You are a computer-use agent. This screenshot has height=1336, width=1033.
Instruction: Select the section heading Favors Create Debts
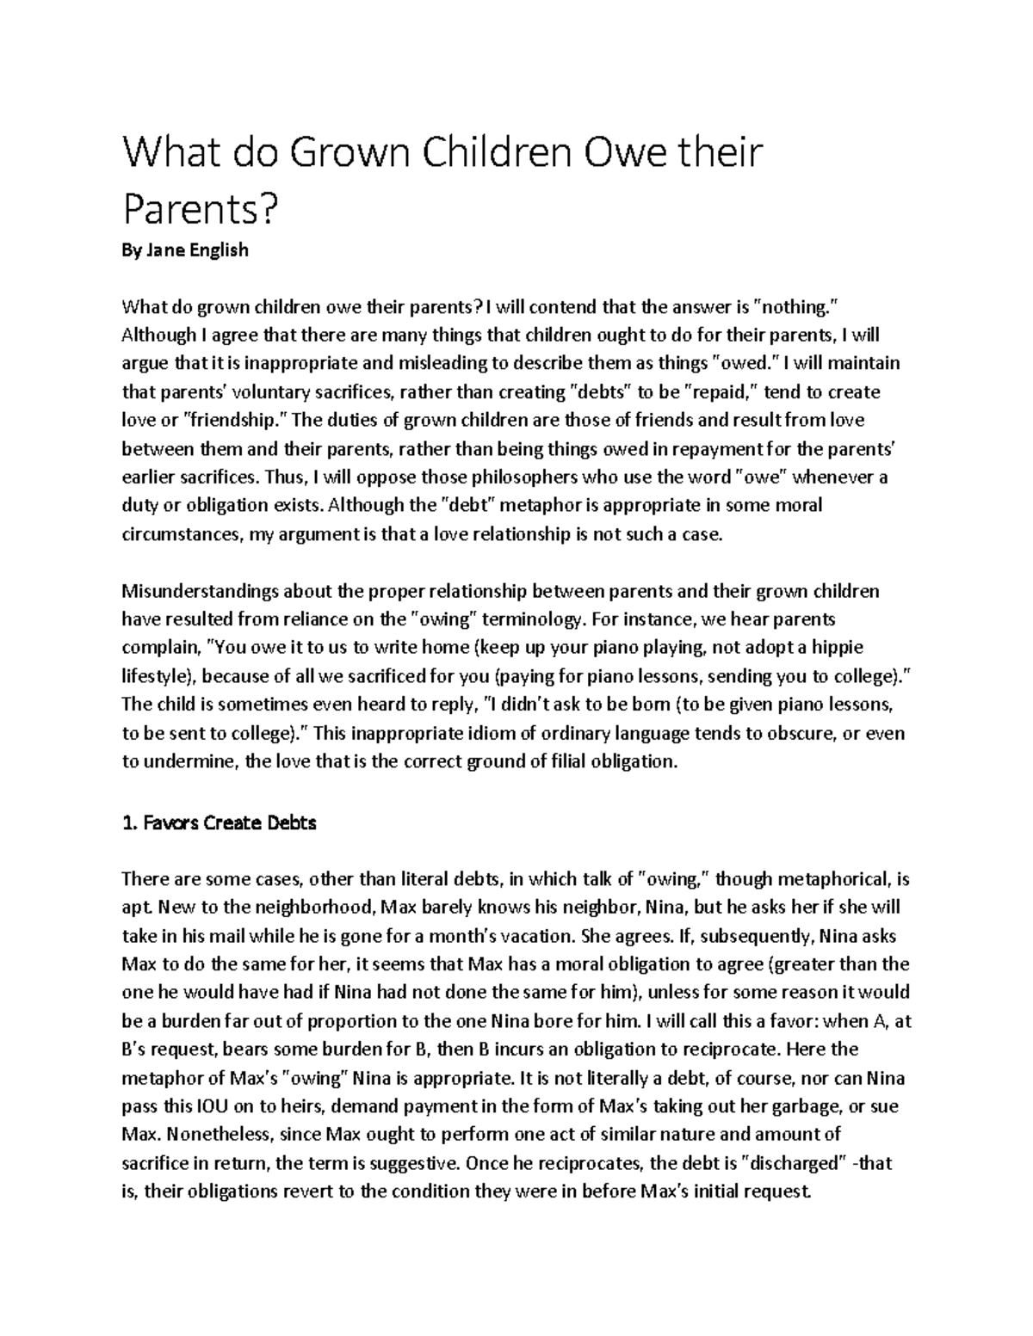coord(220,823)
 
